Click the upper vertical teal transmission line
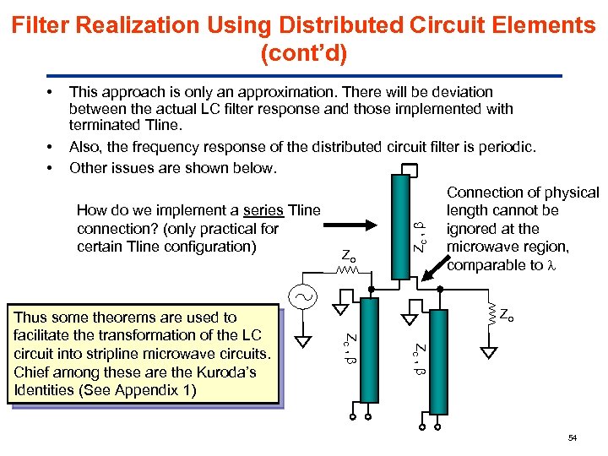(x=401, y=224)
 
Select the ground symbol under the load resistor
(x=487, y=351)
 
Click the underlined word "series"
(x=263, y=210)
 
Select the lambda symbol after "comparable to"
(x=551, y=265)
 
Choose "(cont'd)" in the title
(x=304, y=55)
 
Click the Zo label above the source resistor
(x=348, y=253)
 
